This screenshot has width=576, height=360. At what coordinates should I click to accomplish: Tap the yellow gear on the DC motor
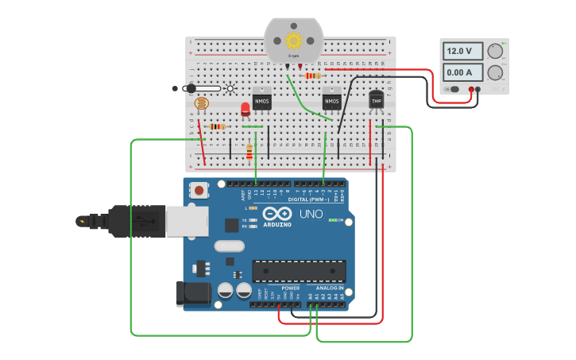click(x=294, y=41)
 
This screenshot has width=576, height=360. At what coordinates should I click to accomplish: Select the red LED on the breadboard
click(x=245, y=110)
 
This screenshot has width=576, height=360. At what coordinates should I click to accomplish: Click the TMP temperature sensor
click(x=377, y=100)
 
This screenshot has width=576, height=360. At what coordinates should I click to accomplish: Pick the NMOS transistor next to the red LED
click(x=262, y=101)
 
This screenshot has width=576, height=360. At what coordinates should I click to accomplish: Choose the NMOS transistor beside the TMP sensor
click(x=331, y=101)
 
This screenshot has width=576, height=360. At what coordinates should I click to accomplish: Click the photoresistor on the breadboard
click(x=201, y=103)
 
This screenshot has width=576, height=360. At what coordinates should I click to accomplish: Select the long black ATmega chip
click(x=299, y=271)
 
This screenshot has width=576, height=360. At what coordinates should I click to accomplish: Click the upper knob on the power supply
click(x=496, y=51)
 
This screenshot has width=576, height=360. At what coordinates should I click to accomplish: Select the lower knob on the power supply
click(x=496, y=73)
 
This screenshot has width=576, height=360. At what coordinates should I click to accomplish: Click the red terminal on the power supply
click(x=471, y=90)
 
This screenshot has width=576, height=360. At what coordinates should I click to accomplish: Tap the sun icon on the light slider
click(x=230, y=88)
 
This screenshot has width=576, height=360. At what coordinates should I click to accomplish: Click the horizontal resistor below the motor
click(x=313, y=76)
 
